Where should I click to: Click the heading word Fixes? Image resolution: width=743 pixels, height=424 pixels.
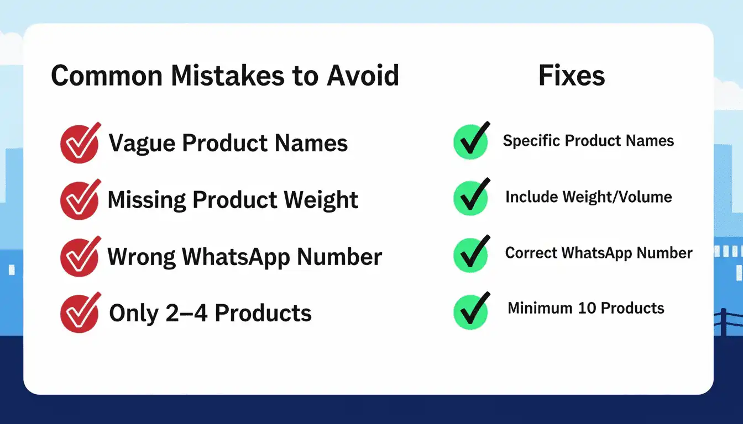pos(572,76)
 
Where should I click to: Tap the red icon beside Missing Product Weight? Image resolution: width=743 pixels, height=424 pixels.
pos(80,200)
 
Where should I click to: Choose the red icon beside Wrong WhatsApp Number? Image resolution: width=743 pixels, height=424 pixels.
pos(80,257)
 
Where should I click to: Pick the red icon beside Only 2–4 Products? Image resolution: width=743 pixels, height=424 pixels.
pos(80,313)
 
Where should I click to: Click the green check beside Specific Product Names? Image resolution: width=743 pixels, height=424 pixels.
pos(470,141)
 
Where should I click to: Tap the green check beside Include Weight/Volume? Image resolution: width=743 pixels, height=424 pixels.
pos(470,197)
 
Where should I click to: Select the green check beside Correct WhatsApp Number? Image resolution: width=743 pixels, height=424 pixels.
pos(470,254)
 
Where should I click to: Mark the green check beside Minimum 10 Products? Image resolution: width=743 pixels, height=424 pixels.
pos(470,310)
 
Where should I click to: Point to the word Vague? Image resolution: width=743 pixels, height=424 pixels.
pos(142,144)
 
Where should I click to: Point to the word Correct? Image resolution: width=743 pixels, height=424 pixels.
pos(530,253)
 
